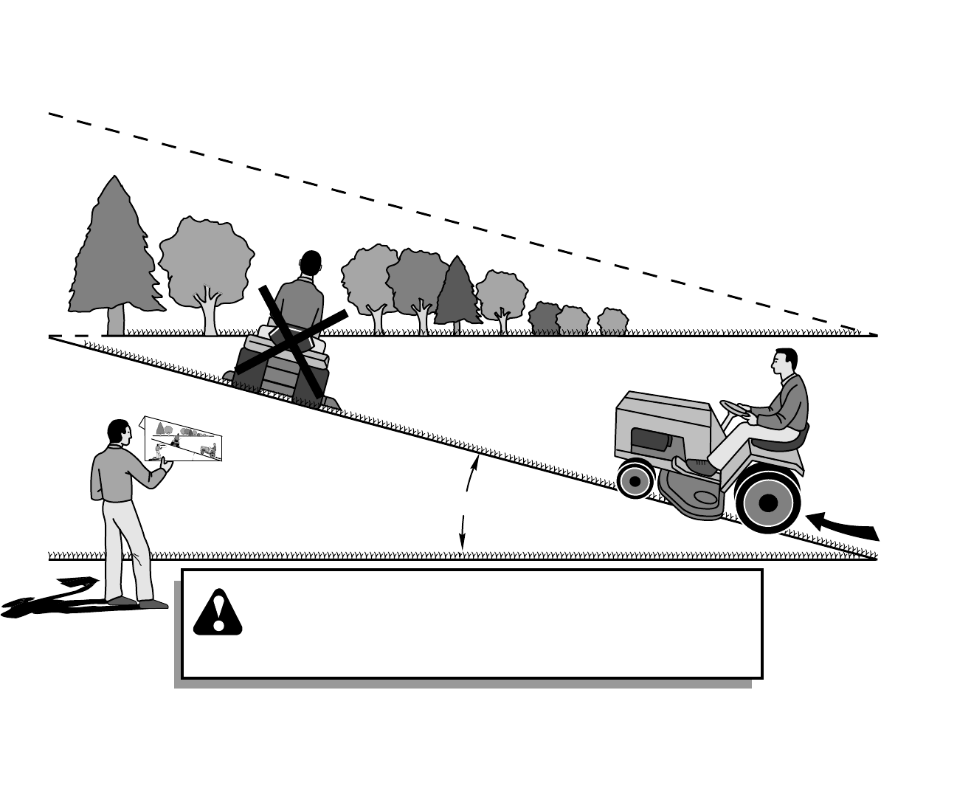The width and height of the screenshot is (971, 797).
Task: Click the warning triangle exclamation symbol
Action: coord(218,613)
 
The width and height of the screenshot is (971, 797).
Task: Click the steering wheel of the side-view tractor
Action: coord(735,409)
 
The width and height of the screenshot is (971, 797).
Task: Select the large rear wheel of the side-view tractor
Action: coord(767,503)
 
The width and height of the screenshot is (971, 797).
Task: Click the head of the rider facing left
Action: coord(784,362)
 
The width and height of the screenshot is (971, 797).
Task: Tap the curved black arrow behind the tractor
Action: coord(845,527)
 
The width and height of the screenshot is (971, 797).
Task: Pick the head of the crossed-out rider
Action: coord(311,263)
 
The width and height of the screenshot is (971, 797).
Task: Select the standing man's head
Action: coord(118,432)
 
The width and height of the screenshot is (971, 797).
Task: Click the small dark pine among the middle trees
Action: coord(457,292)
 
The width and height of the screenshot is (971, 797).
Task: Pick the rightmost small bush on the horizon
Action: coord(612,322)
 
